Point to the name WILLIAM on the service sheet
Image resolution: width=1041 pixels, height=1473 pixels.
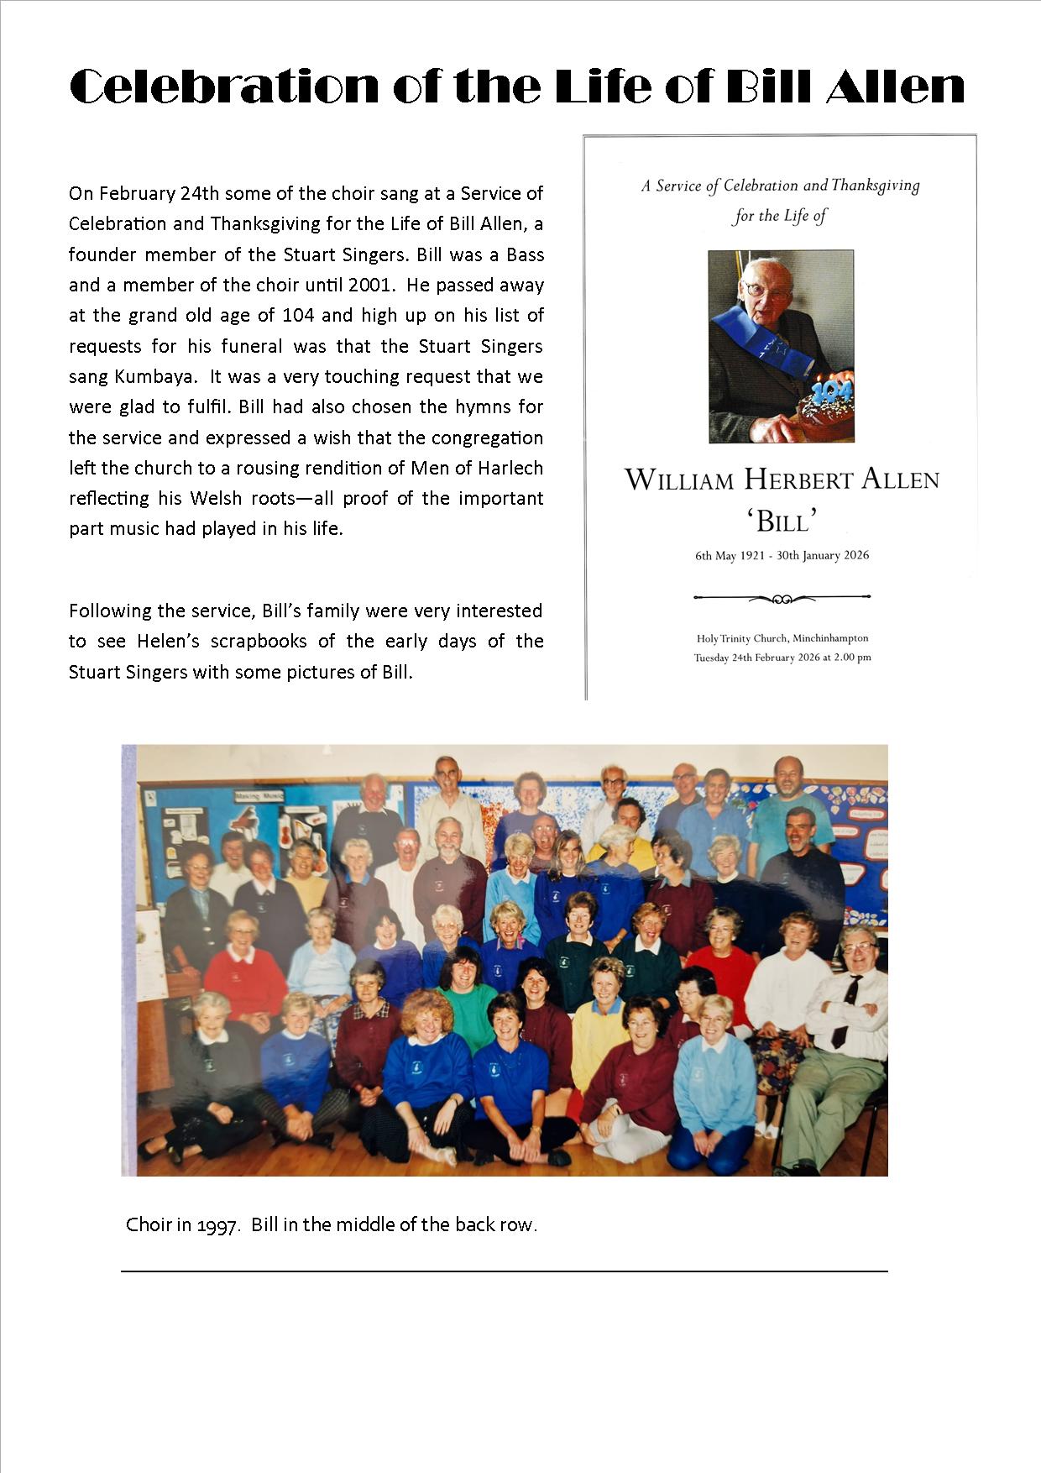[x=680, y=481]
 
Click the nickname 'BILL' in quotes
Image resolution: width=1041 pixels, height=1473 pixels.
[x=782, y=522]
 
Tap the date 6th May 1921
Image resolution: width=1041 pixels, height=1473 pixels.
[x=730, y=556]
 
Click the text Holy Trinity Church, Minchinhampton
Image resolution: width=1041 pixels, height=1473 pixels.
[x=782, y=639]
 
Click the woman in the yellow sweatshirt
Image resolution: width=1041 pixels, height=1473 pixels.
[x=600, y=1033]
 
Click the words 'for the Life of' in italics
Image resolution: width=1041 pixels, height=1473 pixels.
[x=780, y=216]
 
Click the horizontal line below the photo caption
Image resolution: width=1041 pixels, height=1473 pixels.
[x=504, y=1271]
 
